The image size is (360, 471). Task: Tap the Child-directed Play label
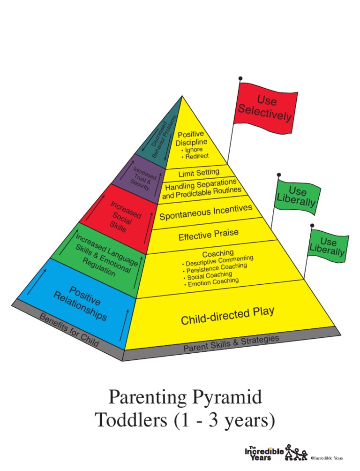(x=227, y=316)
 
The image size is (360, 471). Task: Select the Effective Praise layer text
(x=208, y=235)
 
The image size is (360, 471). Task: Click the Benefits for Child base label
(x=69, y=330)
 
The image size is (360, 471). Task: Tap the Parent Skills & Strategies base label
(x=231, y=343)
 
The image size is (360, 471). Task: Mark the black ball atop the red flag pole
(x=240, y=78)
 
